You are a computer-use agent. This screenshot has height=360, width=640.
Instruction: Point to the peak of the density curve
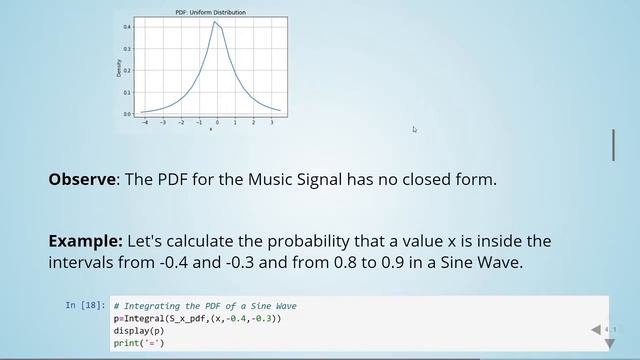(x=215, y=22)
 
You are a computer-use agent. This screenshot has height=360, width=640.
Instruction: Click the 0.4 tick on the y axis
(x=127, y=26)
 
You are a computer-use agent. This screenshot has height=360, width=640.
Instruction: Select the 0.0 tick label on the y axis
(x=127, y=114)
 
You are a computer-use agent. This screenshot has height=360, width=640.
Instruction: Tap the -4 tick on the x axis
(x=145, y=122)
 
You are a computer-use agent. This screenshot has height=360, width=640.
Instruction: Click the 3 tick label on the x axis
(x=254, y=122)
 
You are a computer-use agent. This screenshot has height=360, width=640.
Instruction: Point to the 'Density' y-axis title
(x=118, y=68)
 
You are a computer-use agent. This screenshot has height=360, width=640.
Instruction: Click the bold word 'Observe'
(x=82, y=180)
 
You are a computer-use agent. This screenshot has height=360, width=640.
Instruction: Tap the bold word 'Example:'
(x=85, y=242)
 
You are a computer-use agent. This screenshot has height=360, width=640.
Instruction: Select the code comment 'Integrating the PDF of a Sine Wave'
(x=205, y=305)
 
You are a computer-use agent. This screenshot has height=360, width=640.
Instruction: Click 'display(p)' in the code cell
(x=137, y=331)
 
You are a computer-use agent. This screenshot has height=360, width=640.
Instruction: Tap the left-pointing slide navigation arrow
(x=596, y=329)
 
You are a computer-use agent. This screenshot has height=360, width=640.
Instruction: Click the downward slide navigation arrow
(x=608, y=343)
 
